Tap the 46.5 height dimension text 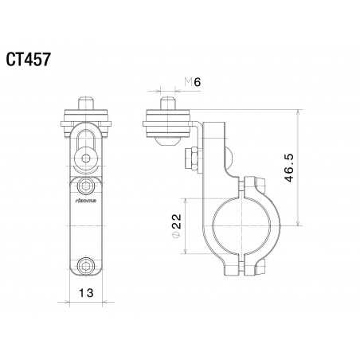point(291,170)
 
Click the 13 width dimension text point(84,292)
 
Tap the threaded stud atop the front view point(84,103)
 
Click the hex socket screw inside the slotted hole point(84,159)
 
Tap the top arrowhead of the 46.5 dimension point(297,114)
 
